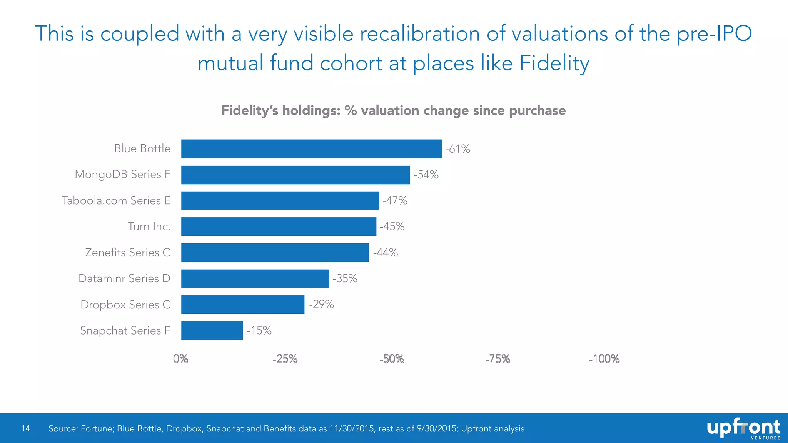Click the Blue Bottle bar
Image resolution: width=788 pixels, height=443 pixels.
coord(312,149)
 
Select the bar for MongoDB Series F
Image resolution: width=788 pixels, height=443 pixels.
coord(295,175)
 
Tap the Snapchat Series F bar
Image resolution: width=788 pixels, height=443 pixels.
coord(212,330)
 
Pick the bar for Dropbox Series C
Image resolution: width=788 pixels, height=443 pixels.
coord(243,305)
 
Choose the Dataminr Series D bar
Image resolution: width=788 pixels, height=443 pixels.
coord(255,278)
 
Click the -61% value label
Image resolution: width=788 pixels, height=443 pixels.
coord(457,149)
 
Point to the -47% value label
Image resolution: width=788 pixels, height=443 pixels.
coord(395,200)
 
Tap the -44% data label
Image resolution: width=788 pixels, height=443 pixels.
coord(385,253)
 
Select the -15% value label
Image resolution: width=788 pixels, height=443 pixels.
coord(259,331)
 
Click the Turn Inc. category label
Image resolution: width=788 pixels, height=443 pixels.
coord(149,226)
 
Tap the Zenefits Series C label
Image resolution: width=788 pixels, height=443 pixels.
coord(127,253)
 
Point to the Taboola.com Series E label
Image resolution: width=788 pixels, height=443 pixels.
coord(116,200)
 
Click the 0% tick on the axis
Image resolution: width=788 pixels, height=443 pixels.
coord(180,359)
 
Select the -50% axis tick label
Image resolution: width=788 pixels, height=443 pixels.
coord(392,359)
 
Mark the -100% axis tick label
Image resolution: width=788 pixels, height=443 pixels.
coord(604,359)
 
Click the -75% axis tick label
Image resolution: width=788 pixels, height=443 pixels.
coord(498,359)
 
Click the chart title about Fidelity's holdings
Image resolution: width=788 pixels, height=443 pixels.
coord(393,110)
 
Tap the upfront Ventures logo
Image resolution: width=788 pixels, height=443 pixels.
coord(743,428)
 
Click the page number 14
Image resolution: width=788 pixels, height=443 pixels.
coord(25,428)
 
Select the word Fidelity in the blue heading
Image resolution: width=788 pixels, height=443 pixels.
coord(554,63)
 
